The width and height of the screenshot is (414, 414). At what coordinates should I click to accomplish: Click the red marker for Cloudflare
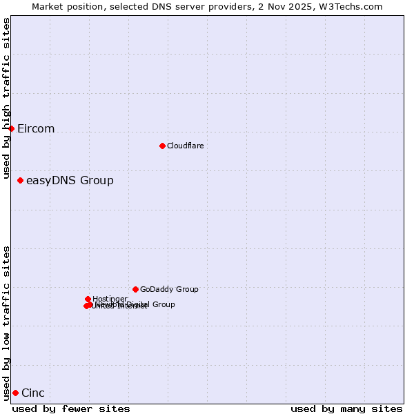[x=162, y=146]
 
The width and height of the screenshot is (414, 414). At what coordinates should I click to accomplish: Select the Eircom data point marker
[x=11, y=128]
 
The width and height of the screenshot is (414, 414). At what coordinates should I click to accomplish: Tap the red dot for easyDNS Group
[x=20, y=180]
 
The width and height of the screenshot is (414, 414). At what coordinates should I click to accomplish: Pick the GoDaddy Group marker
[x=135, y=289]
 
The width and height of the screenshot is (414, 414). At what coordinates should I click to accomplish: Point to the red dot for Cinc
[x=15, y=393]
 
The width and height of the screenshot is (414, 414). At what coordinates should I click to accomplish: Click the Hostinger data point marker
[x=88, y=299]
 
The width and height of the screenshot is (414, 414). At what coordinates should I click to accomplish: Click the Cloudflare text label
[x=185, y=146]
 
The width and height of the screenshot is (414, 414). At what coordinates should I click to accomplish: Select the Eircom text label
[x=36, y=129]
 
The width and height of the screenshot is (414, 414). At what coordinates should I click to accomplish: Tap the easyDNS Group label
[x=70, y=181]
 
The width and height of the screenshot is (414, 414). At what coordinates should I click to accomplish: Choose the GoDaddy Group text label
[x=169, y=289]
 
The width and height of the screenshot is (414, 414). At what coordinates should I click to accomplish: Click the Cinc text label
[x=33, y=393]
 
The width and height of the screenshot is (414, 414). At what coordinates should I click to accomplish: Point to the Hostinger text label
[x=110, y=299]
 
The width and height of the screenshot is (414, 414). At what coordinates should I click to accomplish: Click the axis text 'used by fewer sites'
[x=71, y=408]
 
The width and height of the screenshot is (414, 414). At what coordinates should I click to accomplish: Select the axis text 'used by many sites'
[x=346, y=408]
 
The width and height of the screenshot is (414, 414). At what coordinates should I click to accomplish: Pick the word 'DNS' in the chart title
[x=159, y=6]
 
